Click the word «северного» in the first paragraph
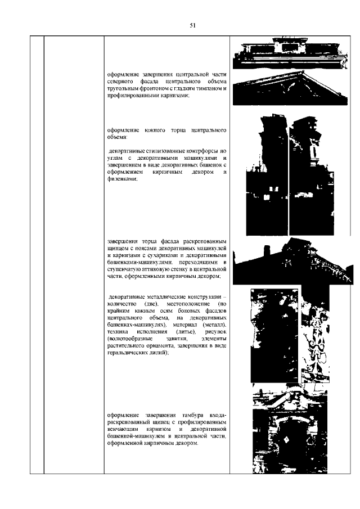[119, 82]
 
